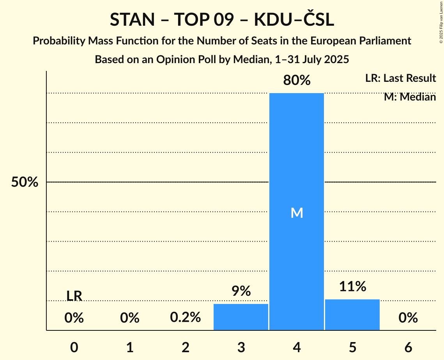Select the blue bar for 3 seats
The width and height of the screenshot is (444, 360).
[241, 317]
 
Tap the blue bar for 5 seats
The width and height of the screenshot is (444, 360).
[352, 315]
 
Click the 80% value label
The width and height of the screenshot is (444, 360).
[297, 81]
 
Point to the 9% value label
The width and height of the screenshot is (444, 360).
[241, 291]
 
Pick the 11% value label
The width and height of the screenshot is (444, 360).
[352, 287]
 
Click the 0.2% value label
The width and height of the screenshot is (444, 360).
[185, 318]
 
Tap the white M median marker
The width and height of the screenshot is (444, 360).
[297, 213]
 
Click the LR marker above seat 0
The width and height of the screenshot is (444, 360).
[74, 296]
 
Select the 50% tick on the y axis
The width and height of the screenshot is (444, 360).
[25, 182]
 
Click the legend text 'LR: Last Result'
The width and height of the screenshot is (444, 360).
[400, 78]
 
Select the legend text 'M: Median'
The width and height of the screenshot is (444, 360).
[410, 97]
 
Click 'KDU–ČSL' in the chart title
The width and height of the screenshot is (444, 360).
[294, 20]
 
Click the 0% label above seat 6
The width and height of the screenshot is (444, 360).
[408, 318]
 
